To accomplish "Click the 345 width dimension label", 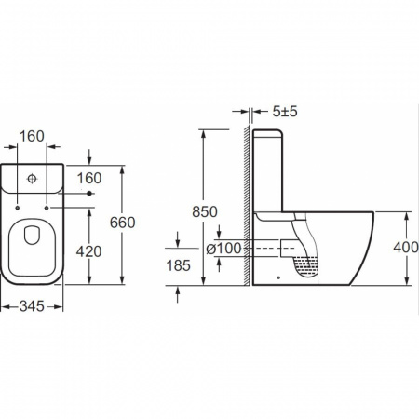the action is [32, 306].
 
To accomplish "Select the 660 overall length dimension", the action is [122, 223].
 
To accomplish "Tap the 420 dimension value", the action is [89, 251].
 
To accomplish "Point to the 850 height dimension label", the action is [205, 212].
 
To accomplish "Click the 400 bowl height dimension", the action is [406, 248].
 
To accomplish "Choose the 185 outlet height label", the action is [178, 265].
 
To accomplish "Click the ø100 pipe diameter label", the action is [223, 249].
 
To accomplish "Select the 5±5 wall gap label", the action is [285, 112].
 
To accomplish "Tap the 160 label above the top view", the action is [32, 136].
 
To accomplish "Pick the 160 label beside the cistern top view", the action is [89, 178].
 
